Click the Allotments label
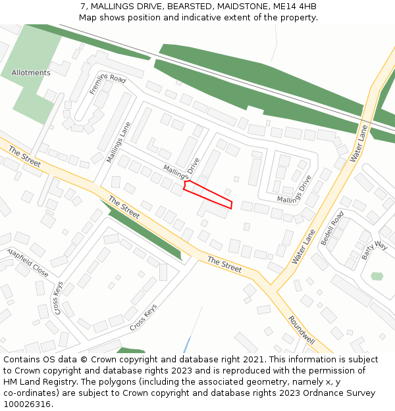(x=30, y=72)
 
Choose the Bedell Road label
(x=332, y=228)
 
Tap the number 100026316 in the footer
(x=27, y=404)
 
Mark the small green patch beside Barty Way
(x=377, y=276)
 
